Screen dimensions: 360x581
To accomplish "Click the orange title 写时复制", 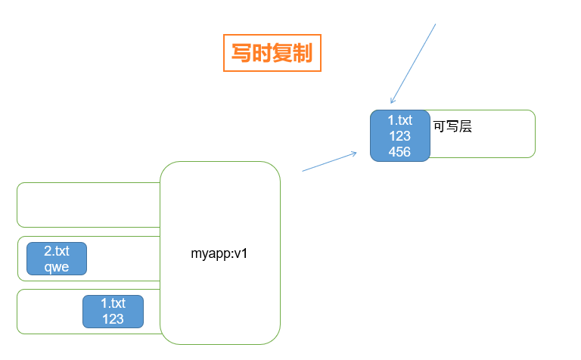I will click(x=272, y=53).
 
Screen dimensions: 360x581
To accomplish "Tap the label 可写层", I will click(x=452, y=127).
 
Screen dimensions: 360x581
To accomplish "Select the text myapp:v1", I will click(x=219, y=253).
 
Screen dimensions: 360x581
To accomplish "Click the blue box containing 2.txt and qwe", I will click(x=57, y=259).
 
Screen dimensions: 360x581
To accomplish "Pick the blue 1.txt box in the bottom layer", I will click(x=113, y=312).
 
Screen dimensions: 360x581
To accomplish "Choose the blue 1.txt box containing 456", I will click(x=400, y=135).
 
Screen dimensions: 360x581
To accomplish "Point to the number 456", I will click(x=400, y=152).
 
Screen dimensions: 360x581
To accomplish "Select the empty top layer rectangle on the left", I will click(x=88, y=204).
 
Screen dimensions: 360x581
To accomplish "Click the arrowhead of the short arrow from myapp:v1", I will click(x=356, y=153).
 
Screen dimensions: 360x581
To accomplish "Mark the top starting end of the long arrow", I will click(x=436, y=24).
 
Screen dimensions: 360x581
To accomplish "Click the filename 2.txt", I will click(x=57, y=250).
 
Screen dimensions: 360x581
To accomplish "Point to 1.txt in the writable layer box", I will click(x=400, y=119).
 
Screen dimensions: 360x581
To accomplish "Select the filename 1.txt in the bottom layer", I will click(x=113, y=303).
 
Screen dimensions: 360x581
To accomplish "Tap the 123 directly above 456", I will click(x=400, y=136).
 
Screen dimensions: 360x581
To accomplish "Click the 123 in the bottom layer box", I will click(x=113, y=319).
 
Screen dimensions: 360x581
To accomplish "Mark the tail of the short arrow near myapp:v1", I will click(x=303, y=171).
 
